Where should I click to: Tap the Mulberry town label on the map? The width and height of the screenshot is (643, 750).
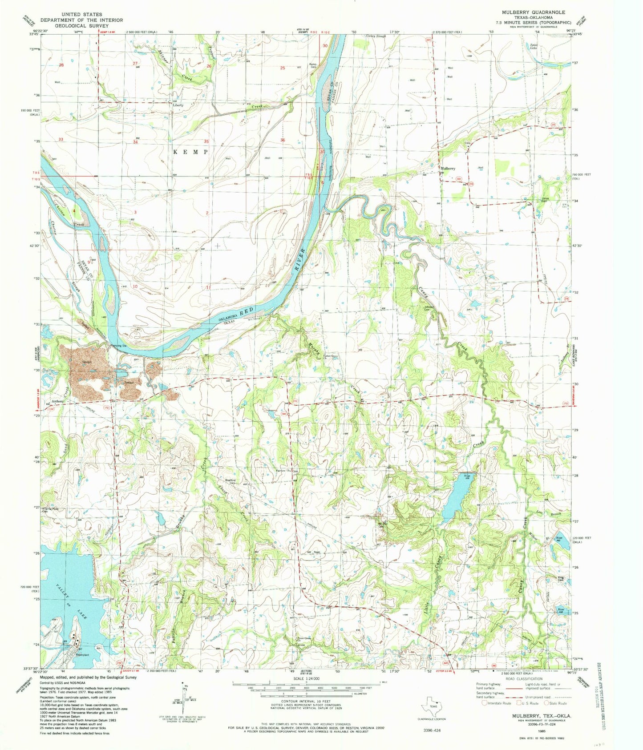pos(448,169)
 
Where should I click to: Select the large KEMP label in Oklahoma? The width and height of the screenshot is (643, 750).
pos(190,152)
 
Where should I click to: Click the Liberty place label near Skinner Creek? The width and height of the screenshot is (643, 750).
pos(178,105)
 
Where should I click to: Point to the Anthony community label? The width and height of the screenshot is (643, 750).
pos(57,402)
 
